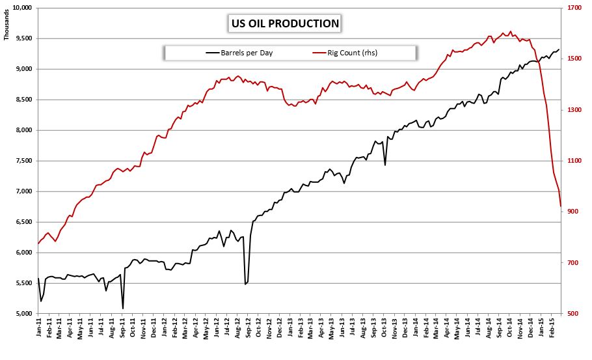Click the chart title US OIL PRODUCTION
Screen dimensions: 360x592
pos(285,24)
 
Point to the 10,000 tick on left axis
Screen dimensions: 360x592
pos(21,8)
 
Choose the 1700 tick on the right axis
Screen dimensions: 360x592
pos(574,8)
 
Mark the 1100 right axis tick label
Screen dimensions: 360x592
pos(574,161)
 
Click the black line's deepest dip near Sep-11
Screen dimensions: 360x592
pos(123,309)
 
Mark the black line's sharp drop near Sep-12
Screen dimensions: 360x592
pos(245,284)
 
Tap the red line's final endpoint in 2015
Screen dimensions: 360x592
pos(561,206)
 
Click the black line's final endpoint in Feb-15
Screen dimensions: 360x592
pos(559,49)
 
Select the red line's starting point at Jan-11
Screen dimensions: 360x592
pos(38,244)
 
